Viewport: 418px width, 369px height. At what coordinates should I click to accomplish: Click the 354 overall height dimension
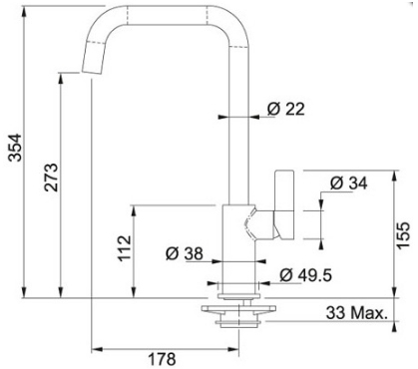pyautogui.click(x=15, y=148)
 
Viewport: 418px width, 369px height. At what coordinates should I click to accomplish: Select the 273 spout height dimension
pyautogui.click(x=52, y=177)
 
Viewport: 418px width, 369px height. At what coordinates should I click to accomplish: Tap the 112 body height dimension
pyautogui.click(x=125, y=248)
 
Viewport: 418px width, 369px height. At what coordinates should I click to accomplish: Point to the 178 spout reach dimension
pyautogui.click(x=162, y=359)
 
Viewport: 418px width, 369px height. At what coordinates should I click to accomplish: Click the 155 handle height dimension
pyautogui.click(x=403, y=235)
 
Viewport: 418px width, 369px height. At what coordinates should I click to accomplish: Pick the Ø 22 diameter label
pyautogui.click(x=286, y=109)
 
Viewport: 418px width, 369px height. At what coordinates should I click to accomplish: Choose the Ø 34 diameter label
pyautogui.click(x=349, y=184)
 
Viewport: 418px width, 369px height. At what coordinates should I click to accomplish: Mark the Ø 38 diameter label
pyautogui.click(x=185, y=254)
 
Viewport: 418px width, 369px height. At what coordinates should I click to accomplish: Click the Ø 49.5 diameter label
pyautogui.click(x=305, y=275)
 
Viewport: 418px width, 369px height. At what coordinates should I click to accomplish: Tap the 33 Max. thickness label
pyautogui.click(x=357, y=313)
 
